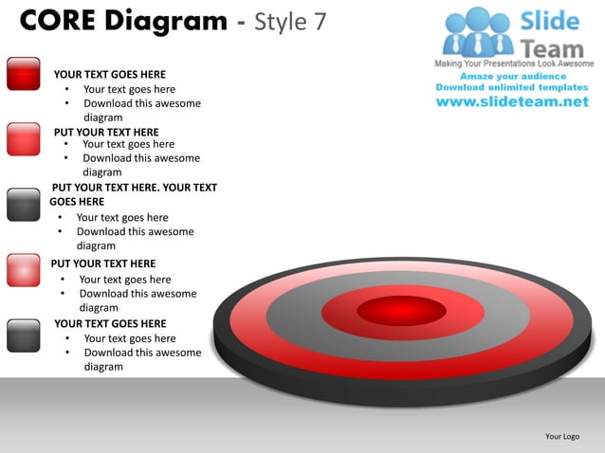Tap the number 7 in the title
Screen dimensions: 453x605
[320, 21]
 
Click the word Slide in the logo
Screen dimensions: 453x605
[549, 20]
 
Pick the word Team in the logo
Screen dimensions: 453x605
[552, 45]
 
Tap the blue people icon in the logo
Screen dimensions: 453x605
[478, 32]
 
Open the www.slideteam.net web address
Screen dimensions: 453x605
[512, 101]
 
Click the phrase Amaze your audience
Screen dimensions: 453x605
[512, 75]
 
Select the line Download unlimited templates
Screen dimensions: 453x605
[512, 87]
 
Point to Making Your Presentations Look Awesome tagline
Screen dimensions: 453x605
[514, 63]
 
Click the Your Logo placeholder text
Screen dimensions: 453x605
[562, 436]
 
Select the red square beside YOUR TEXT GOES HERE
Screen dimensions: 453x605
[23, 73]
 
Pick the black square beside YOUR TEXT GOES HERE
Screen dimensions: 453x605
[23, 335]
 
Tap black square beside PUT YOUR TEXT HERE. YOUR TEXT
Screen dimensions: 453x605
[23, 204]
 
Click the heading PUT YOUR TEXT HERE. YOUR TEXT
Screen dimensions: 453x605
[134, 188]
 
